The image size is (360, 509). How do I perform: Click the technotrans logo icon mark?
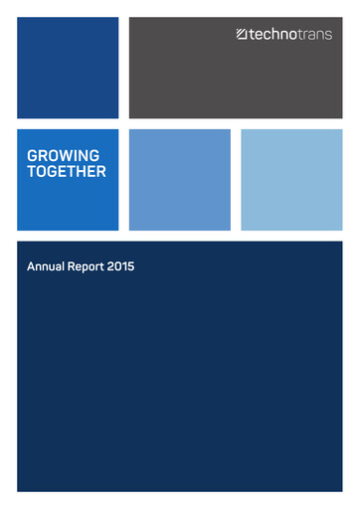click(242, 34)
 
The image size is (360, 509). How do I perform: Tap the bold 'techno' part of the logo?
click(271, 34)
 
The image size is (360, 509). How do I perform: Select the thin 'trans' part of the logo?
click(314, 34)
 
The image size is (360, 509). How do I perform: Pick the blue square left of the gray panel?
click(68, 68)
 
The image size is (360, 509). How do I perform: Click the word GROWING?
click(63, 156)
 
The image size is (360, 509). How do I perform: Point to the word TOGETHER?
click(67, 171)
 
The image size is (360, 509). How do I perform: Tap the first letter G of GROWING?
click(33, 156)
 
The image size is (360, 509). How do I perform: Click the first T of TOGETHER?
click(32, 171)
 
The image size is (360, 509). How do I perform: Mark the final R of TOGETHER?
click(101, 171)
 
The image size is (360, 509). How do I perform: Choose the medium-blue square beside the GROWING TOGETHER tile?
click(179, 180)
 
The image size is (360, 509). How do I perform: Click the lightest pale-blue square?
click(291, 180)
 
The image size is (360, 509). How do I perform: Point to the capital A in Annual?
click(31, 267)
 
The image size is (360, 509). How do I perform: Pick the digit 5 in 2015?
click(131, 267)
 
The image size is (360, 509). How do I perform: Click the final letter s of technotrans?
click(328, 34)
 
